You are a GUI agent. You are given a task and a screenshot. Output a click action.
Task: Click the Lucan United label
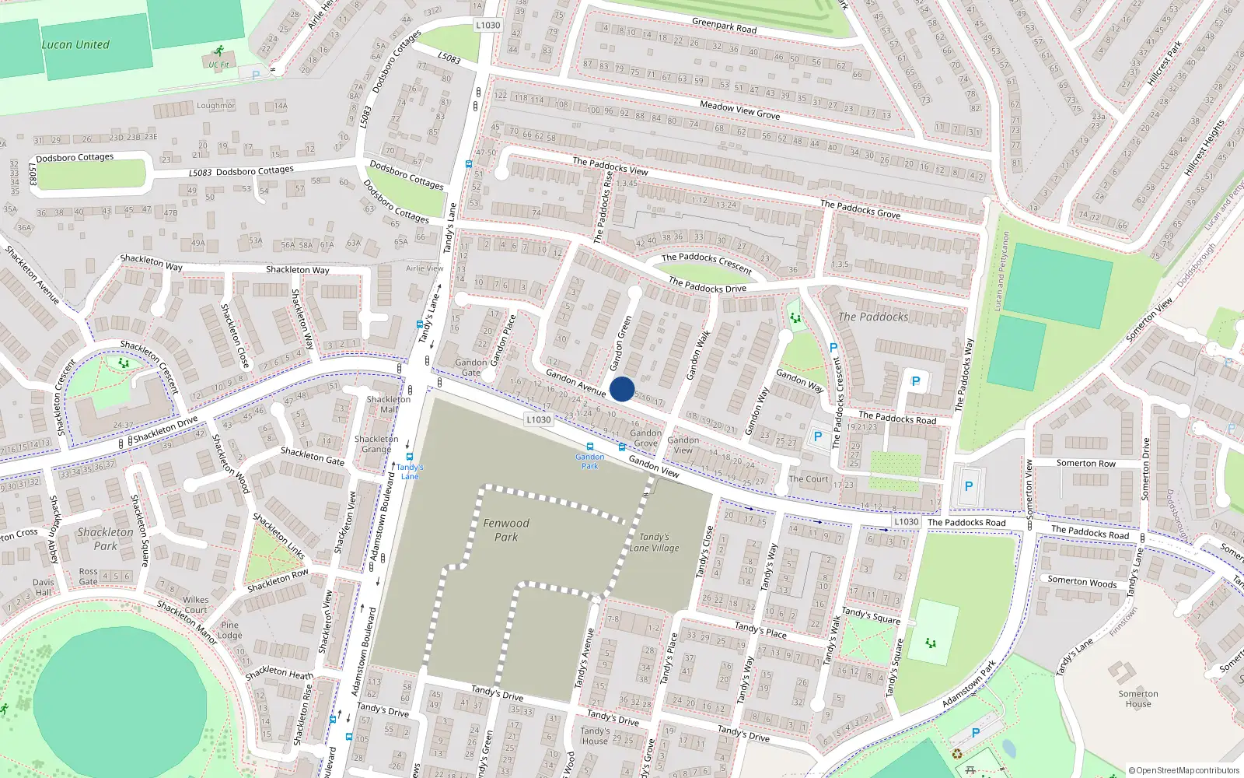point(75,45)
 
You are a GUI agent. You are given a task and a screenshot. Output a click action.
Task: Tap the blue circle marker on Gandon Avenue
point(622,389)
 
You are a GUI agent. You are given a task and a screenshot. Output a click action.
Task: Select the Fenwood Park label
point(506,530)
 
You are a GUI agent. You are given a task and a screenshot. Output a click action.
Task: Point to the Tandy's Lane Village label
point(655,542)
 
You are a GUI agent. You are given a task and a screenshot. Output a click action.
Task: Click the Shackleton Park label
point(105,538)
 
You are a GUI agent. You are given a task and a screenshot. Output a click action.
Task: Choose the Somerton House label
point(1138,699)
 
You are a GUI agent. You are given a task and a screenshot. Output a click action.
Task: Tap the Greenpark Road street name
point(724,26)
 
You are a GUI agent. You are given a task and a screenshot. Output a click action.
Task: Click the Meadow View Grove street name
point(739,110)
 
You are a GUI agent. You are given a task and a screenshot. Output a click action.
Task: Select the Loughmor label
point(215,106)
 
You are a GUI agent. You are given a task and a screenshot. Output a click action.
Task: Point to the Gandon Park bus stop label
point(590,461)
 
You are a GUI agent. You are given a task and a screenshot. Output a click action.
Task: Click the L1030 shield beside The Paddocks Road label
point(906,522)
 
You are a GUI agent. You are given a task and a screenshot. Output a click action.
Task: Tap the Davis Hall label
point(44,587)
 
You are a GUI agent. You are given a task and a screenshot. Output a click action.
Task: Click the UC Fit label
point(218,65)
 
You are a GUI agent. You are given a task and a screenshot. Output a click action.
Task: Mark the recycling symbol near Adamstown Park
point(957,753)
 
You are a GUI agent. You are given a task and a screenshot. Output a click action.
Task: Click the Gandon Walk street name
point(698,356)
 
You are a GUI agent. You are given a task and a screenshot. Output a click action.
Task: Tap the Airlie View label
point(425,268)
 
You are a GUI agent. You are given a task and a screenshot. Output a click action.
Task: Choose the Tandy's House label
point(595,736)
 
